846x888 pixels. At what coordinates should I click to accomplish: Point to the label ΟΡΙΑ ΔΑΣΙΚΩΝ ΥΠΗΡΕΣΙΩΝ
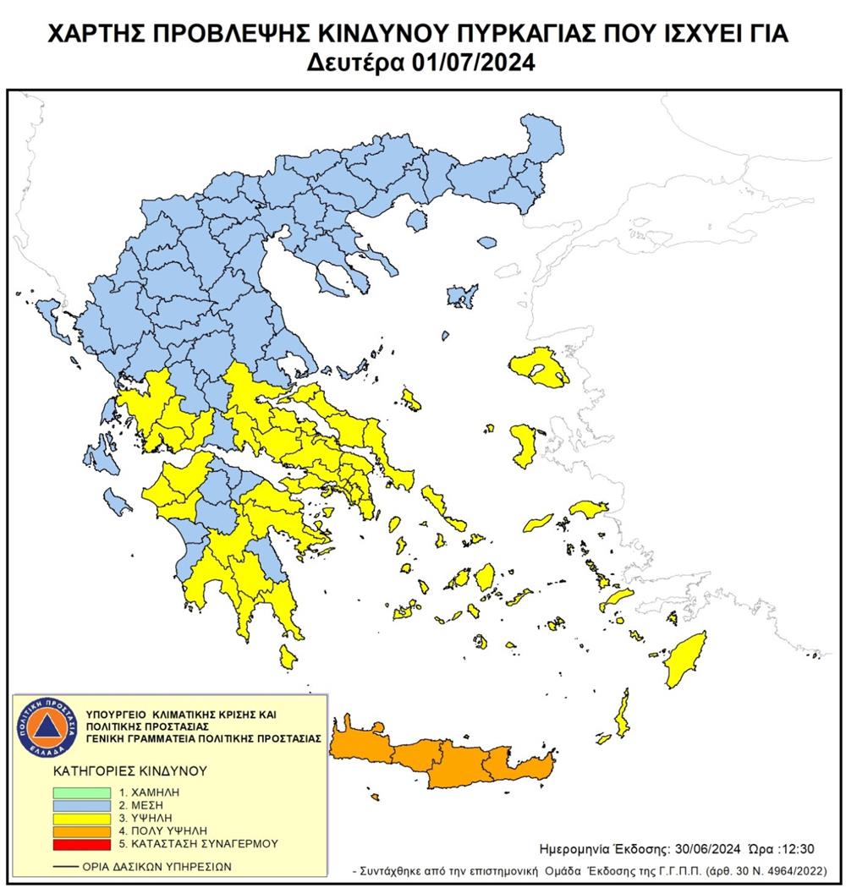156,867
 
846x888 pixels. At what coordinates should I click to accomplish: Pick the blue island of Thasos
415,221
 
